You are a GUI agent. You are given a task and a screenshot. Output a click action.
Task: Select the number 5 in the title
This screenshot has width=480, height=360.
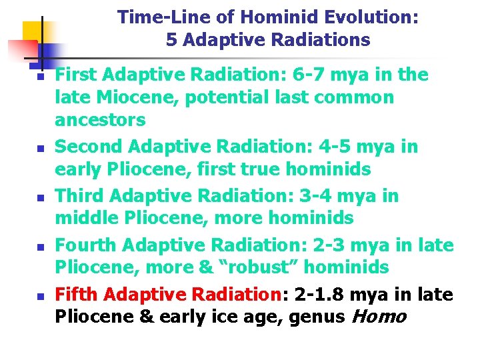(171, 41)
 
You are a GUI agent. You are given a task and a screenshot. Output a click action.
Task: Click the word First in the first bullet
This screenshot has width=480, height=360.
(77, 75)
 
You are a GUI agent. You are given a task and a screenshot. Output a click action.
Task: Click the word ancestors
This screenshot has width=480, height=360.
(100, 120)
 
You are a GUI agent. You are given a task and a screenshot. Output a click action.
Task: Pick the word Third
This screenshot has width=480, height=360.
(80, 195)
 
